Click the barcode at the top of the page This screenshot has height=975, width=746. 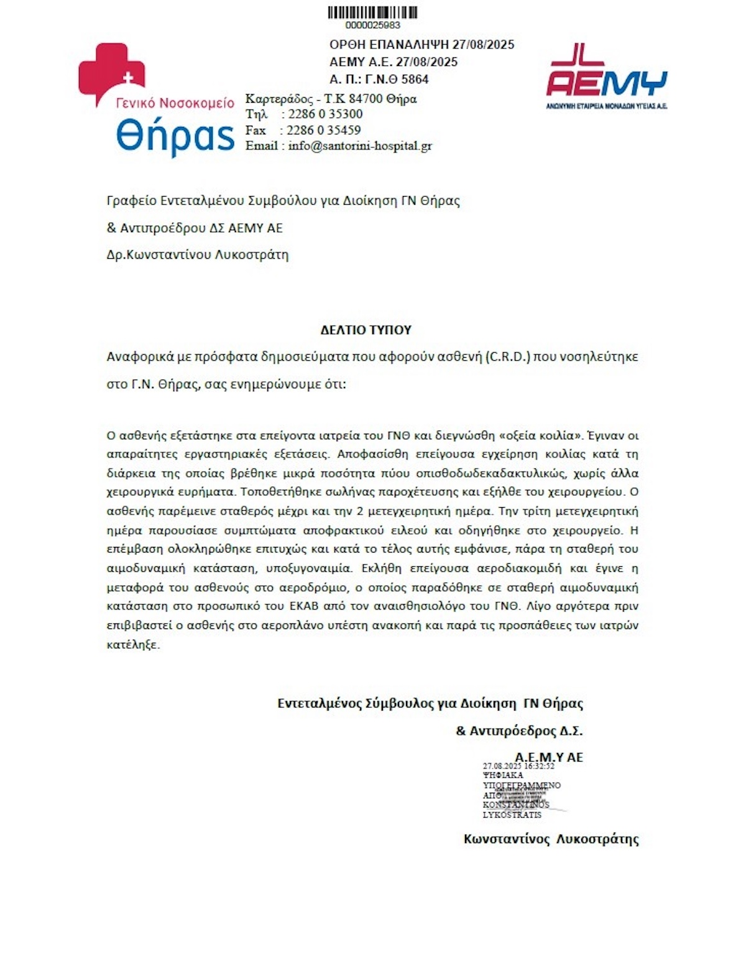click(372, 12)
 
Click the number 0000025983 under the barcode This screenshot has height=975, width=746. click(372, 26)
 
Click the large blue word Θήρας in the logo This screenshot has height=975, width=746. click(175, 136)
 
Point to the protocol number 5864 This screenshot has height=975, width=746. click(415, 80)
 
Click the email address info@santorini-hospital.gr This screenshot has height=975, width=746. click(360, 146)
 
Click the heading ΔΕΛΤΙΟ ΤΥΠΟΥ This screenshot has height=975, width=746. click(366, 330)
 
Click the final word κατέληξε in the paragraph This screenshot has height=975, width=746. click(133, 645)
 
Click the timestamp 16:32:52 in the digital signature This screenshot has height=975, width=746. click(539, 767)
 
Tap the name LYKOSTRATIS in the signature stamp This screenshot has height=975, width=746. click(512, 815)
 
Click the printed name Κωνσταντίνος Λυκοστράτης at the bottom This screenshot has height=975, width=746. click(551, 839)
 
